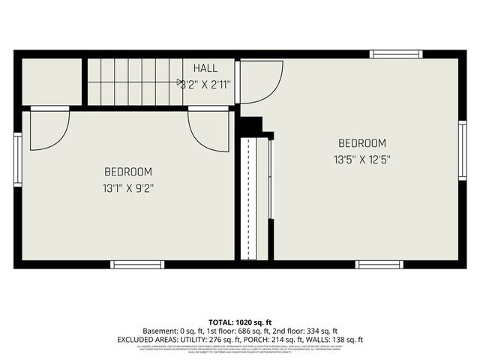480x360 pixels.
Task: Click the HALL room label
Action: [x=205, y=69]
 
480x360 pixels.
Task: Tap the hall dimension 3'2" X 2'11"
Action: [x=205, y=85]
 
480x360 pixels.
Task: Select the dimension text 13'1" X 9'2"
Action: [x=128, y=187]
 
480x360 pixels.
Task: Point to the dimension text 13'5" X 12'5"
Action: [x=362, y=159]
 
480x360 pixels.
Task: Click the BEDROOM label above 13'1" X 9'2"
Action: [x=128, y=172]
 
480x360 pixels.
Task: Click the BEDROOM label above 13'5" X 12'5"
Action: [x=362, y=143]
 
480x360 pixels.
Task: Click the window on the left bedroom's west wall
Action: [x=18, y=160]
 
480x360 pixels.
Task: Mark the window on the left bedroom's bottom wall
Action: [x=137, y=264]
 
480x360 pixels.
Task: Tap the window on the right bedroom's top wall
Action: [x=396, y=54]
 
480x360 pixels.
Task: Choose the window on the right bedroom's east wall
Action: [x=463, y=151]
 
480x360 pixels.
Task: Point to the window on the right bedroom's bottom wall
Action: [x=379, y=264]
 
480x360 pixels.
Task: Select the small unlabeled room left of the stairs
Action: [x=51, y=81]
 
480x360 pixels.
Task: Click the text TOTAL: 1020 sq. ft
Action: [x=240, y=321]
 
